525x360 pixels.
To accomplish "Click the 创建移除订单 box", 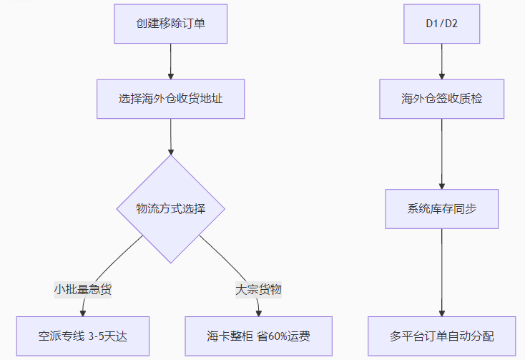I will tap(171, 24).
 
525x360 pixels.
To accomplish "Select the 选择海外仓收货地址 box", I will tap(171, 98).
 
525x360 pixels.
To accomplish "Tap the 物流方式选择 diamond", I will tap(171, 209).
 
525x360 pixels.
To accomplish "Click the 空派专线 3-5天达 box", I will tap(83, 336).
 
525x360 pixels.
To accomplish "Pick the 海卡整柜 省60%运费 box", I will tap(259, 336).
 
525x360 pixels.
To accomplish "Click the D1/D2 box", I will tap(442, 24).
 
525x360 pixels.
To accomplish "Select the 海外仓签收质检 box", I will tap(442, 98).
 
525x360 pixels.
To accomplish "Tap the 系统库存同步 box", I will tap(442, 209).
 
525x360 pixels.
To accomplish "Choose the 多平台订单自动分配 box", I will tap(442, 336).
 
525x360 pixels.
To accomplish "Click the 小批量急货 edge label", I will tap(83, 290).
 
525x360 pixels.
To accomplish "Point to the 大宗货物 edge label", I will tap(259, 290).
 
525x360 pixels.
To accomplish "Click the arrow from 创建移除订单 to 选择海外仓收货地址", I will tap(171, 61).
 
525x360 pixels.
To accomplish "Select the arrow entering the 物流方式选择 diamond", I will tap(171, 136).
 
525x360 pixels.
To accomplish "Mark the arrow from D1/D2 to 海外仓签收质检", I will tap(442, 61).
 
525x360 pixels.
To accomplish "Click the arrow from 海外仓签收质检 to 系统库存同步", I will tap(442, 153).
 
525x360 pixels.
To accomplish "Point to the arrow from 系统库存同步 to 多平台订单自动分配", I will tap(442, 272).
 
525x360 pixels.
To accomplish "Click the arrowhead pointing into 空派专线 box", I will tap(84, 312).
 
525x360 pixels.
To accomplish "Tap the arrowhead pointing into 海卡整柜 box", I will tap(259, 312).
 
